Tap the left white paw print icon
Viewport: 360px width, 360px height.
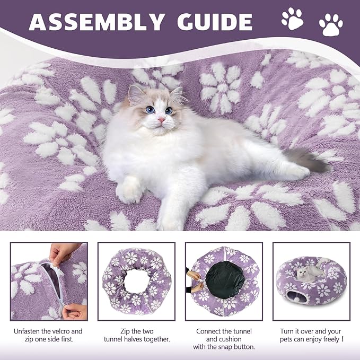click(x=292, y=19)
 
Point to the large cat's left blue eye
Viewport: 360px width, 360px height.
click(x=150, y=110)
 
